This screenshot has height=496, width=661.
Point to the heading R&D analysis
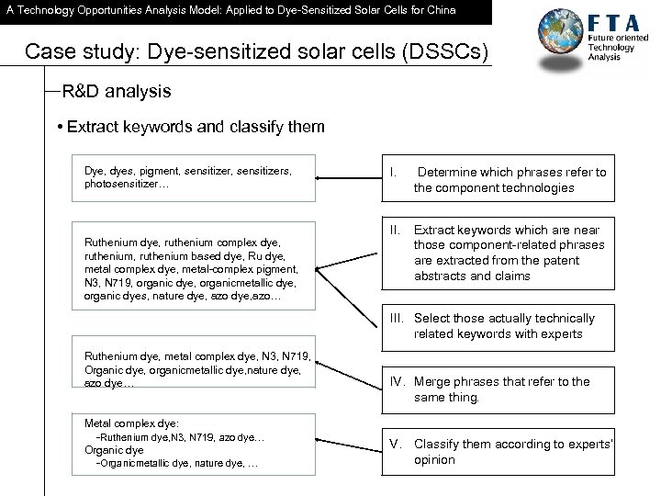click(x=117, y=93)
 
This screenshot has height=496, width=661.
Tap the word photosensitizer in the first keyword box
click(x=122, y=185)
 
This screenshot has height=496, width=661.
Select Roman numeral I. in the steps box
click(x=394, y=172)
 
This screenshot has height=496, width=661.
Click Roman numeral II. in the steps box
click(x=396, y=229)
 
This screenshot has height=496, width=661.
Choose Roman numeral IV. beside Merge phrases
click(x=398, y=381)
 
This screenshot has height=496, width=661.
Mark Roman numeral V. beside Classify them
click(x=397, y=444)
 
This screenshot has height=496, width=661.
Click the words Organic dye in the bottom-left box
click(x=114, y=451)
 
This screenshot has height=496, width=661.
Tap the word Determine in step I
click(x=448, y=172)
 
